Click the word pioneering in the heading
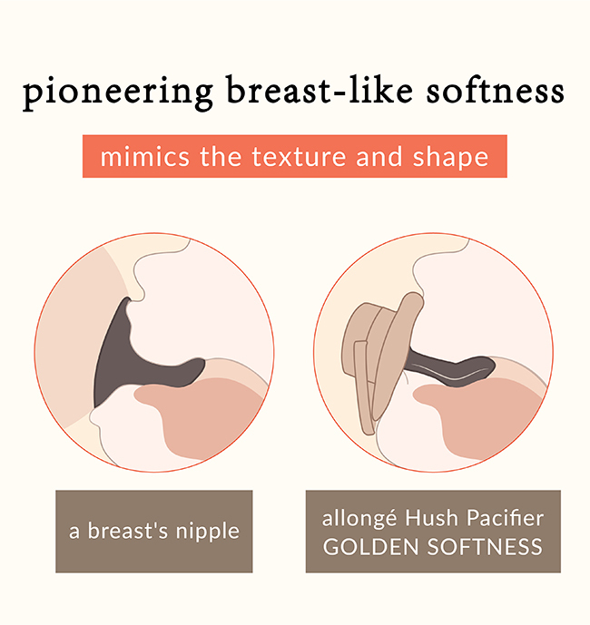click(118, 93)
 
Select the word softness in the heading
click(495, 92)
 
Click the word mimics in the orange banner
click(145, 156)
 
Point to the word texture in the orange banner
click(299, 157)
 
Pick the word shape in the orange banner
click(451, 158)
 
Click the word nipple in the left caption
click(208, 532)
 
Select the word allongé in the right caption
click(359, 519)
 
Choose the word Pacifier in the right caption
click(505, 518)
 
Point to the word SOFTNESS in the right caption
click(485, 546)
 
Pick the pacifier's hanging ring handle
click(365, 386)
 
